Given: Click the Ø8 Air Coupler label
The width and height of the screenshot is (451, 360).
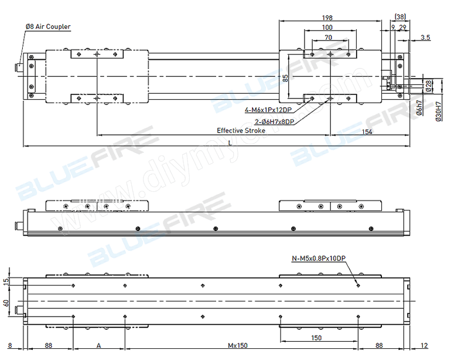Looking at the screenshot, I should [47, 27].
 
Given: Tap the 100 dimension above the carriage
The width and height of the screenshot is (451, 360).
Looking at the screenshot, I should [327, 27].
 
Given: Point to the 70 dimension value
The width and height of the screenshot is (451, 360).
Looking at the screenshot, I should [328, 37].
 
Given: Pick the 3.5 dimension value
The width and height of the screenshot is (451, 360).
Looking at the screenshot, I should [425, 38].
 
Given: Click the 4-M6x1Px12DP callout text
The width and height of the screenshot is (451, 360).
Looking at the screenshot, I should [269, 110].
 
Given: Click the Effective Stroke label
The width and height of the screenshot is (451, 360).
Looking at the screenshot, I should [241, 131].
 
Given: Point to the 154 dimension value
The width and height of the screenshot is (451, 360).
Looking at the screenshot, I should [367, 132].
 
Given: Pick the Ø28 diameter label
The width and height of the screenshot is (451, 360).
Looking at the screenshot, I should [429, 86].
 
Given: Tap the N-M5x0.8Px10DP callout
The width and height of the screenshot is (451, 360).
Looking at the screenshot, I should [319, 259].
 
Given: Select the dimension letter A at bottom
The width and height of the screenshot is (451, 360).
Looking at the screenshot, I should [98, 346].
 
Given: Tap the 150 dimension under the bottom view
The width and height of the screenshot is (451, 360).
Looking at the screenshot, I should [316, 338].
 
